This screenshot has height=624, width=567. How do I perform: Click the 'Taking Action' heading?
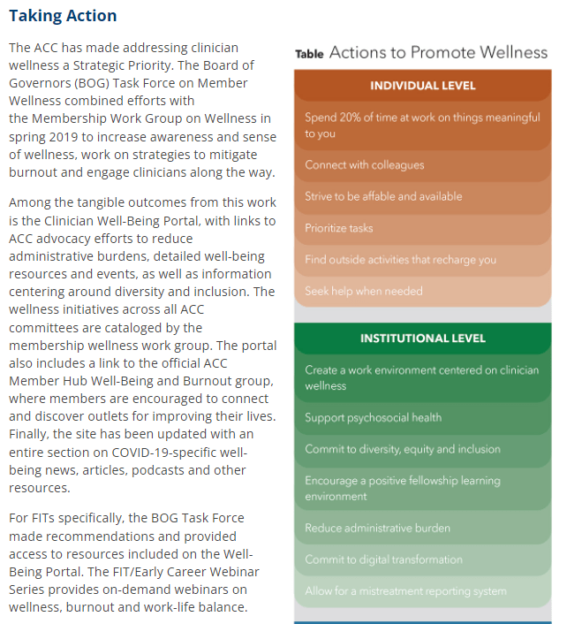pyautogui.click(x=63, y=16)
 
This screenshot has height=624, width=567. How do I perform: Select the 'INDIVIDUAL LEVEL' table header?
pyautogui.click(x=422, y=86)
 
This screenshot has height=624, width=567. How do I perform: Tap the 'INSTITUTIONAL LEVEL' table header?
pyautogui.click(x=422, y=339)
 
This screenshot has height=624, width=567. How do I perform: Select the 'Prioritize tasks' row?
pyautogui.click(x=339, y=228)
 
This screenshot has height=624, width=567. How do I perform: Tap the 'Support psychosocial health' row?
pyautogui.click(x=373, y=417)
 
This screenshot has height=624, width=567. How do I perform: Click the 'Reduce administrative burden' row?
pyautogui.click(x=377, y=528)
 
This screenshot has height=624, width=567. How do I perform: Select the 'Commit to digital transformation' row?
pyautogui.click(x=383, y=559)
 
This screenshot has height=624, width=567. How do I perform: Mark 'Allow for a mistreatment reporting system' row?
pyautogui.click(x=405, y=591)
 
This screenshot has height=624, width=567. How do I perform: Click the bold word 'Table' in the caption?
pyautogui.click(x=309, y=54)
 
